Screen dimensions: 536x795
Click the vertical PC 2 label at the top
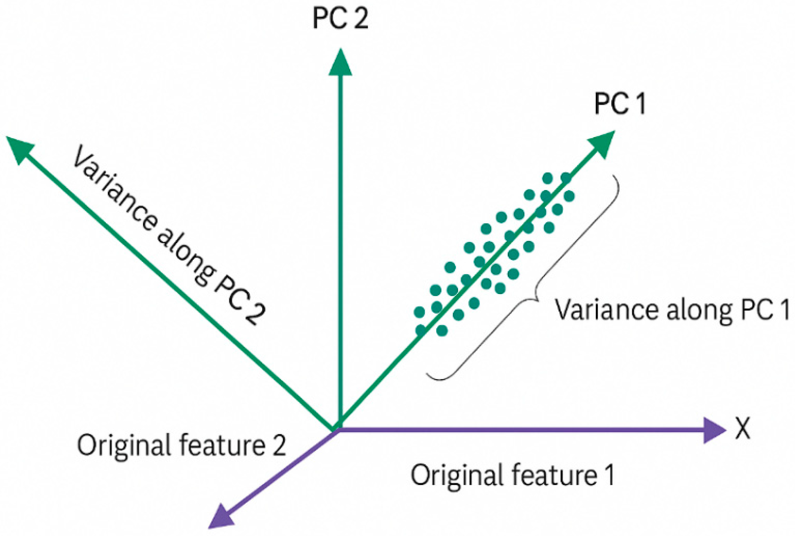[x=340, y=18]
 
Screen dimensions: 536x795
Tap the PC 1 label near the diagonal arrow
[x=620, y=103]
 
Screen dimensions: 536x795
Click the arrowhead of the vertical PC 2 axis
[x=340, y=63]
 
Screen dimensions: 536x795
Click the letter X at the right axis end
[x=743, y=428]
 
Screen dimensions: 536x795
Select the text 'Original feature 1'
[x=512, y=475]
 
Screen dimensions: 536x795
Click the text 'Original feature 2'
[x=181, y=445]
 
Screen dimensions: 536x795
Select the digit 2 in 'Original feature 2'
[x=279, y=445]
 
